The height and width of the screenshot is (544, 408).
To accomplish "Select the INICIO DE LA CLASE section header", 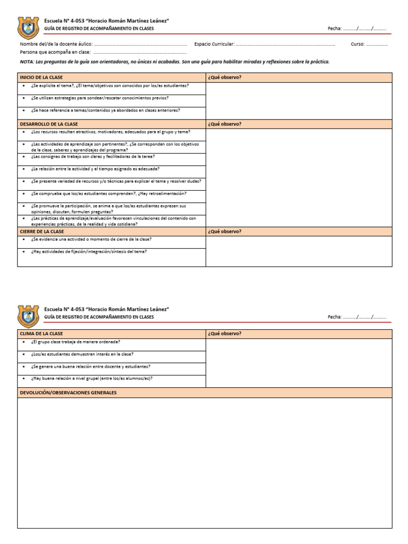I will point(41,78).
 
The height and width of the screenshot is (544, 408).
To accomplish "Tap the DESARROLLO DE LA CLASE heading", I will point(49,124).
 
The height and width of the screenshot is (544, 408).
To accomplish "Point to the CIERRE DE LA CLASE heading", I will point(42,232).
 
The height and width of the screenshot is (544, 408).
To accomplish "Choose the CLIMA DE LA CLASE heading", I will point(41,334).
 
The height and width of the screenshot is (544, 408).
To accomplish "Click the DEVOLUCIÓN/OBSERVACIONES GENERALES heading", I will point(68,393).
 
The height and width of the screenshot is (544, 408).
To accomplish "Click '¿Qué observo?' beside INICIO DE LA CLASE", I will point(225,78).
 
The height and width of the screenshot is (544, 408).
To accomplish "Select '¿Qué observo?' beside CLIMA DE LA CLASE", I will point(225,334).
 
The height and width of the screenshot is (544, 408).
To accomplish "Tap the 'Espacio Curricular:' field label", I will point(214,44).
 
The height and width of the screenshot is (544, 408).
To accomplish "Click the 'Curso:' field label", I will point(357,44).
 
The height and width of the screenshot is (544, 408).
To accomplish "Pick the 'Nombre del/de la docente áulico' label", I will point(56,44).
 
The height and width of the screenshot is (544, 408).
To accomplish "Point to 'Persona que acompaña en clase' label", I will point(55,53).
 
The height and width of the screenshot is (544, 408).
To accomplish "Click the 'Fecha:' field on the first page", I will point(335,28).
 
